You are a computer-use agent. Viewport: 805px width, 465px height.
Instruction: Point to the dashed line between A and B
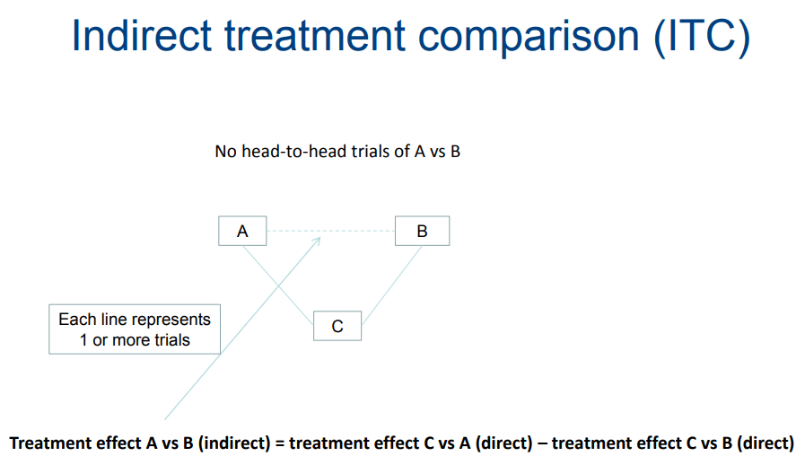tap(330, 231)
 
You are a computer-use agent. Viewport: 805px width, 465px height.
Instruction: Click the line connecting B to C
tap(391, 285)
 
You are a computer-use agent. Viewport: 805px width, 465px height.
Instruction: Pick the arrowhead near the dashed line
tap(317, 241)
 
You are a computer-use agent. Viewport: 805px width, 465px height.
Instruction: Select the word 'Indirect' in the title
tap(142, 36)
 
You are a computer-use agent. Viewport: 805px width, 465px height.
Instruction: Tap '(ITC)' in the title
tap(702, 37)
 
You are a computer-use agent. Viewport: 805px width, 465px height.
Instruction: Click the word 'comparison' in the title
tap(529, 38)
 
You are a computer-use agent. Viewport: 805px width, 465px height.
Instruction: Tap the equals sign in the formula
tap(280, 443)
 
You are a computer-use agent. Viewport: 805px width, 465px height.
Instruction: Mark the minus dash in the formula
tap(542, 443)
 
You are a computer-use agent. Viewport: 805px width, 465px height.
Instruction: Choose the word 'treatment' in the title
tap(315, 36)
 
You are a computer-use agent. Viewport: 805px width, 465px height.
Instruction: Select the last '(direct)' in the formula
tap(766, 443)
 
